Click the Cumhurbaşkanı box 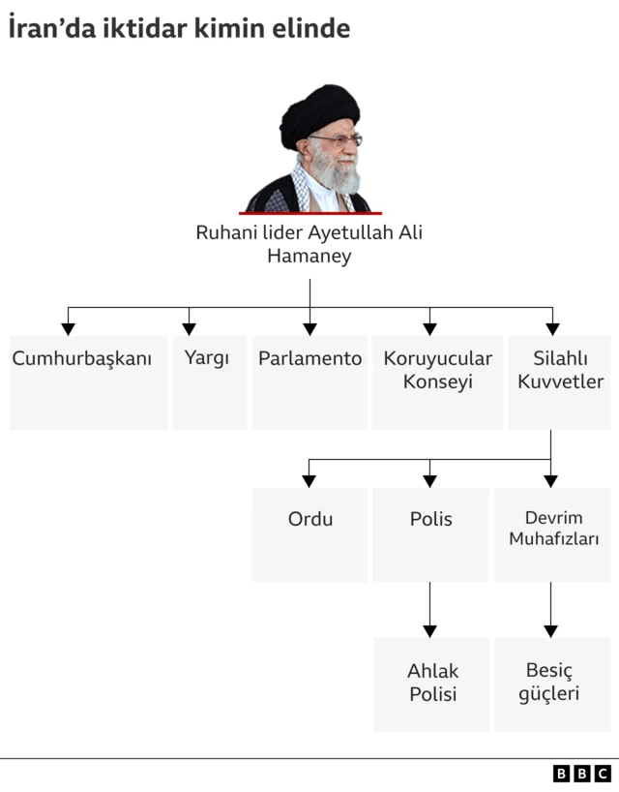87,381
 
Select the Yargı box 207,381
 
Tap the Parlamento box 309,381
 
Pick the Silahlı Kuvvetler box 560,381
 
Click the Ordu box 309,533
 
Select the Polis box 430,533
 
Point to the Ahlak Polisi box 431,685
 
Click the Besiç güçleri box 551,685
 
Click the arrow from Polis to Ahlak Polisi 430,610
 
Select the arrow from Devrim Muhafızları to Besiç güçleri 551,610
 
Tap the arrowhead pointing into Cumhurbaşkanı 68,328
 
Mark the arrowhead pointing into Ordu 309,479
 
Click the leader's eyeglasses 335,141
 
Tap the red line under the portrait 309,213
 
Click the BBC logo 581,773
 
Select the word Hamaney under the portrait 309,257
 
